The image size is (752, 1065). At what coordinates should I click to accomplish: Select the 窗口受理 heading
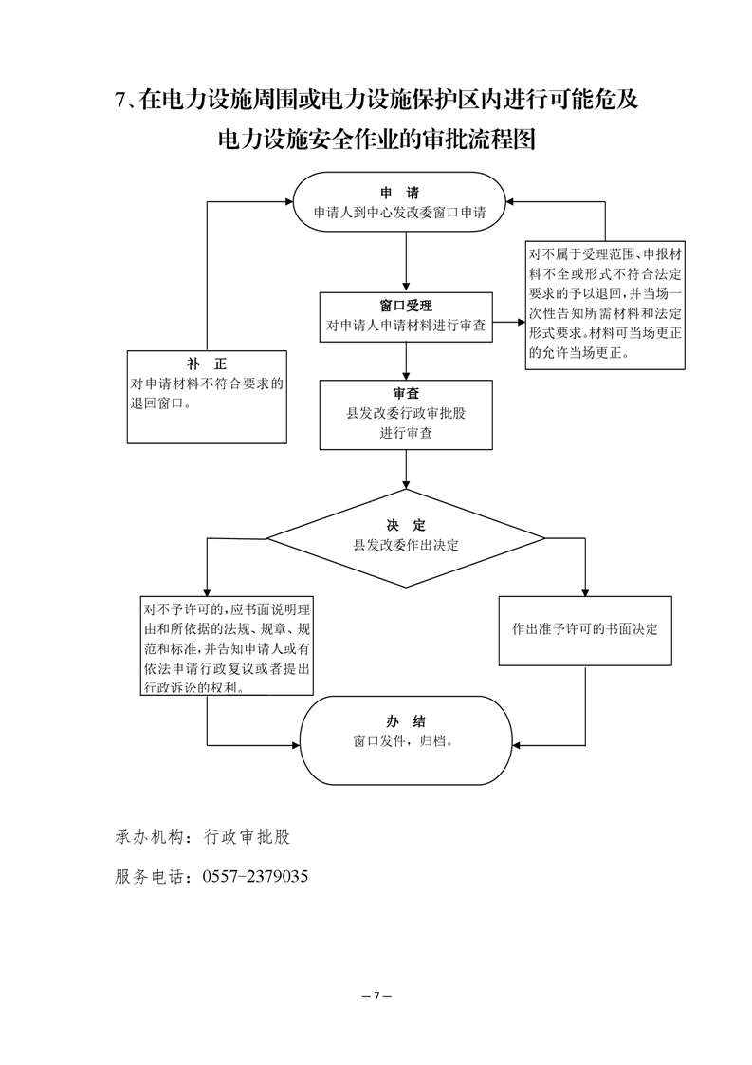[406, 307]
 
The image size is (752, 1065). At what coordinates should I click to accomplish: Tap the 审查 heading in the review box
[406, 394]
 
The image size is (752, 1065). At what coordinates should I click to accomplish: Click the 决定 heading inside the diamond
[406, 525]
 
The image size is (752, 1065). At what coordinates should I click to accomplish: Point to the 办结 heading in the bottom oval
[406, 721]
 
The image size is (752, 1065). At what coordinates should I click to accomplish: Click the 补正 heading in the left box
[207, 364]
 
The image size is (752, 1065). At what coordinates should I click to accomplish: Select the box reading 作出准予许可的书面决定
[585, 630]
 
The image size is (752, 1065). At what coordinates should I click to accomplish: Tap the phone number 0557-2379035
[255, 876]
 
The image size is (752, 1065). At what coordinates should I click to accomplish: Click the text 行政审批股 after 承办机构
[248, 837]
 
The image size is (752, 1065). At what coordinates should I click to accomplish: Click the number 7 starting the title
[120, 101]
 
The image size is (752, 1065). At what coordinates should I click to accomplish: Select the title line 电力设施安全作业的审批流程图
[376, 140]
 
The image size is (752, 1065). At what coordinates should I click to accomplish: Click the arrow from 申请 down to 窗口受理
[406, 261]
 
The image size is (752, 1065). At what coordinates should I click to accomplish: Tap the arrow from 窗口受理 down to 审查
[406, 360]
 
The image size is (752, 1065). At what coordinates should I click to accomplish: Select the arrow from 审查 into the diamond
[406, 469]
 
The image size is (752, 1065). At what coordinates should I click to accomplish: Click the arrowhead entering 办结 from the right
[515, 745]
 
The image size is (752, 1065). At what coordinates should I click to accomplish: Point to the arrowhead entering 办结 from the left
[296, 745]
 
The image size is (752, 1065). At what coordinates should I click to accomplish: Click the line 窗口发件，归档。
[404, 741]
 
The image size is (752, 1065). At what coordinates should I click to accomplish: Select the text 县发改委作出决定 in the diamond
[406, 545]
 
